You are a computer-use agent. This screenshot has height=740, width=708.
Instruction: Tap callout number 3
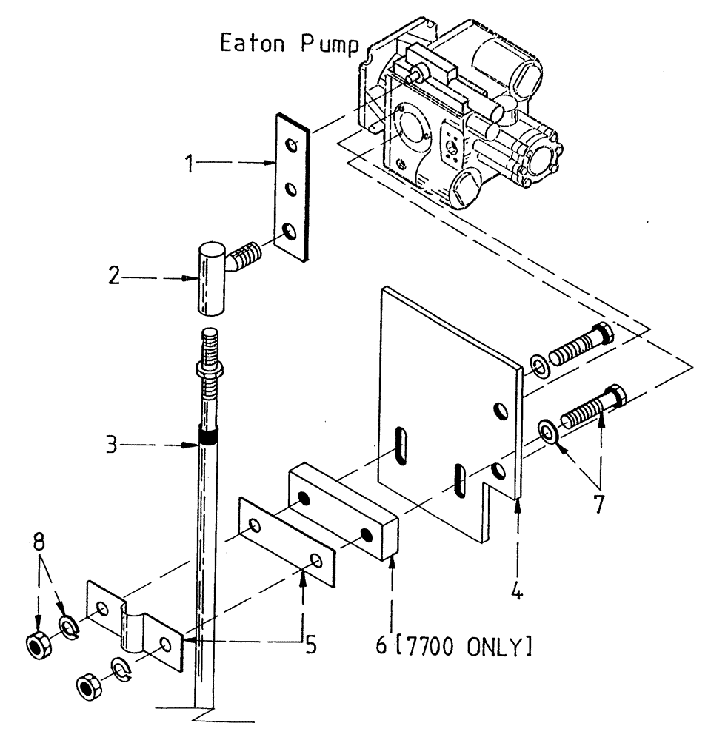tap(111, 445)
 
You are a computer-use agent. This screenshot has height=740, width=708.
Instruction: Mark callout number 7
tap(598, 504)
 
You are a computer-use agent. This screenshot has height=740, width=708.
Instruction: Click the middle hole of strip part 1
tap(293, 189)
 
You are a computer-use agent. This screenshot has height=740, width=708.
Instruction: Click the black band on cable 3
tap(207, 437)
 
